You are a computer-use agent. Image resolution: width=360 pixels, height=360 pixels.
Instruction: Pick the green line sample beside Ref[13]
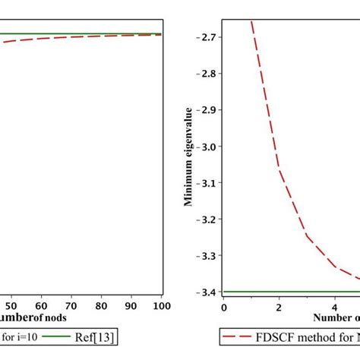[x=55, y=336]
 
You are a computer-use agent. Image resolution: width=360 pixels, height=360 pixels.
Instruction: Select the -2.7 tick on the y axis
[x=203, y=37]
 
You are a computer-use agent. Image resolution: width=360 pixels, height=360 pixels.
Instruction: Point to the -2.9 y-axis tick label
[x=203, y=110]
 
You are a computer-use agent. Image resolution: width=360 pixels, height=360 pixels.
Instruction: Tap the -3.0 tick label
[x=203, y=147]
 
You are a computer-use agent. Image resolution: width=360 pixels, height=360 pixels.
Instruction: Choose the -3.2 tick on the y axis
[x=203, y=219]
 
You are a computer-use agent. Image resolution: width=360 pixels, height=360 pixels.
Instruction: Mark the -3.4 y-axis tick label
[x=203, y=292]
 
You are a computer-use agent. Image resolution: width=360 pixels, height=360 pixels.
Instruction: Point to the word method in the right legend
[x=319, y=336]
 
